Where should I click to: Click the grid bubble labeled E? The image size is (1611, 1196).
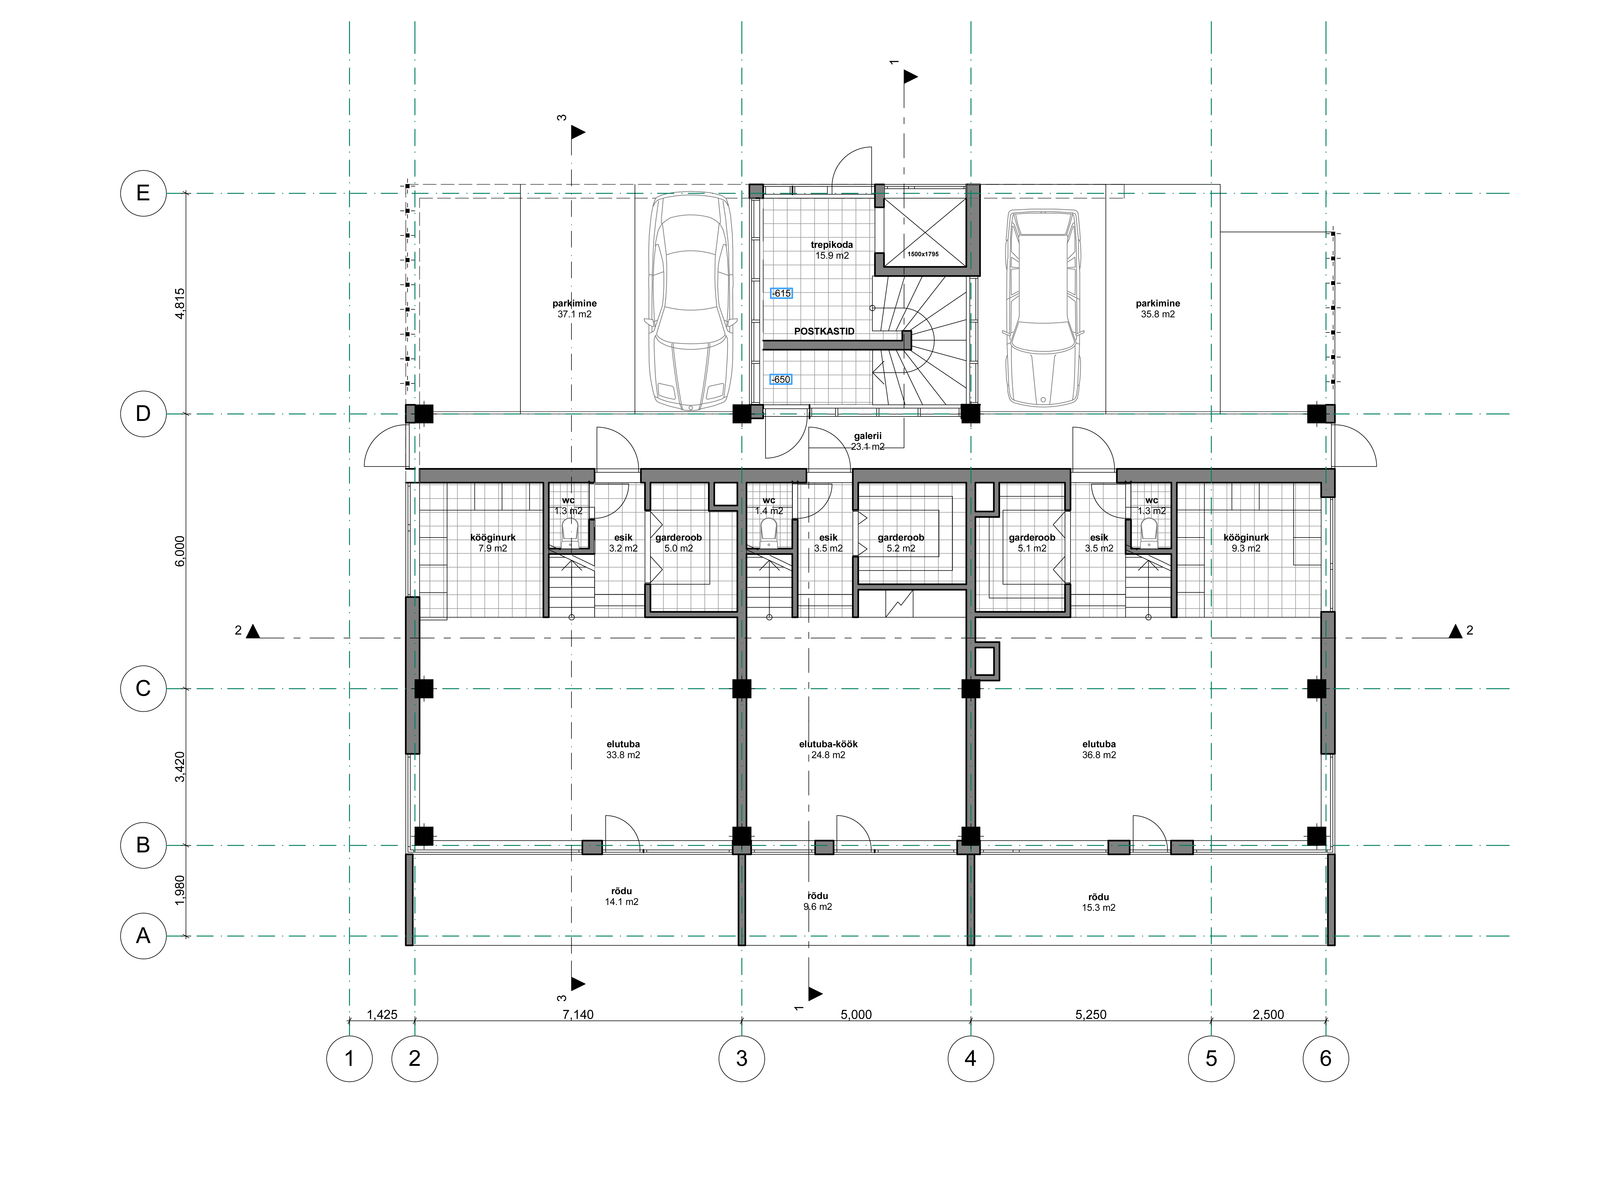point(143,193)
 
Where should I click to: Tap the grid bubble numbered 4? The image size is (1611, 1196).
point(971,1058)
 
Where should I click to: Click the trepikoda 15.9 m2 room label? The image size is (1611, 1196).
point(832,250)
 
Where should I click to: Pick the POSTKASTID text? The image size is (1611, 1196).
point(824,331)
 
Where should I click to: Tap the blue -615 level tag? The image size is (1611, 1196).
point(782,293)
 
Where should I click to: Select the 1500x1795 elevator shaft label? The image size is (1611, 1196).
point(923,254)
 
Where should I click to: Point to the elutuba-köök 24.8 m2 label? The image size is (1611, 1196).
point(828,749)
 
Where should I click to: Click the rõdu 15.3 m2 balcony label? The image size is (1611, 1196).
point(1099,902)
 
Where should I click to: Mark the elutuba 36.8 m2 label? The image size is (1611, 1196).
point(1099,749)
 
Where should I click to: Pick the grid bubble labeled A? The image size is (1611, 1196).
point(143,936)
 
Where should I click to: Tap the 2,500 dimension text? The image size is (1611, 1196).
point(1268,1014)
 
